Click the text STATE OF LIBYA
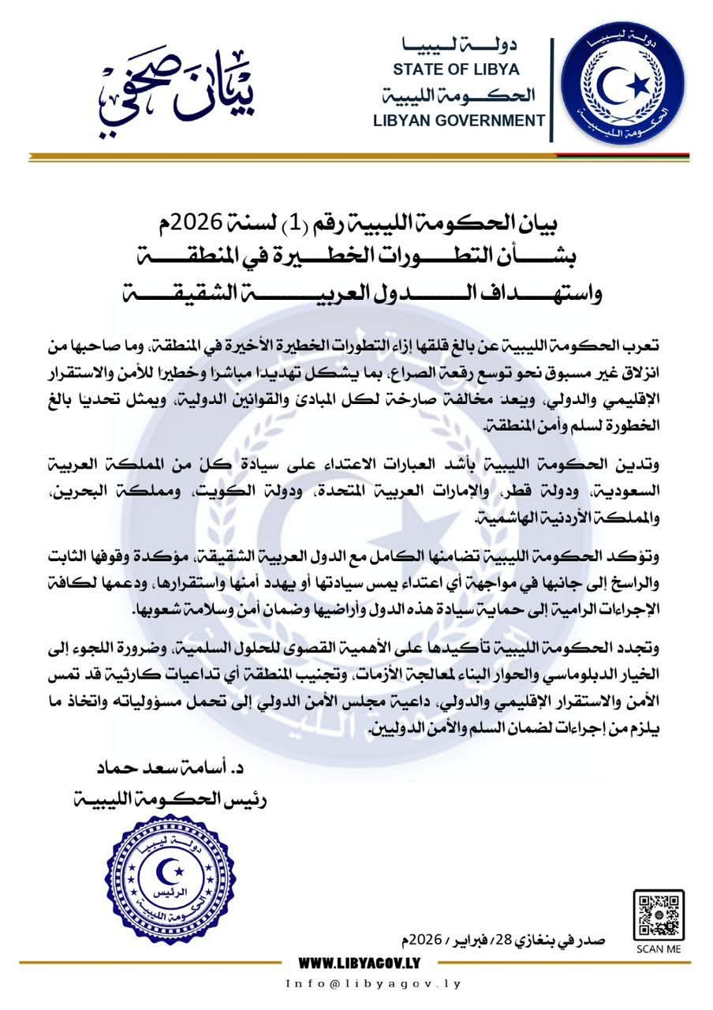tap(458, 69)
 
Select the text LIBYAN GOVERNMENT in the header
tap(459, 121)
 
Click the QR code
tap(659, 915)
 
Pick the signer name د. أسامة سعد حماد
tap(173, 768)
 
